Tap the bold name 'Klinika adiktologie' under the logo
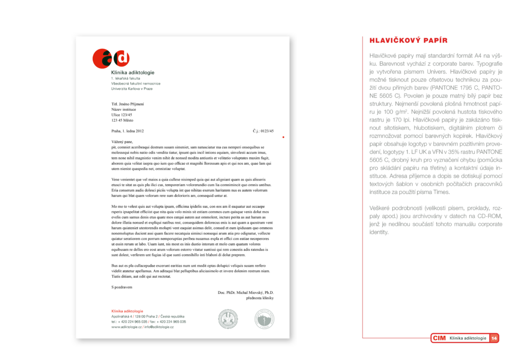[133, 72]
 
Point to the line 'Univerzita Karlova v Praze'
[132, 89]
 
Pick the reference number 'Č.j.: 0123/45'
[263, 131]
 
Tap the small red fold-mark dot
[283, 137]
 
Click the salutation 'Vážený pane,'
[122, 142]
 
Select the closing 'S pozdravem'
[122, 287]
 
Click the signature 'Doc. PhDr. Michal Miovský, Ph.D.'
[246, 292]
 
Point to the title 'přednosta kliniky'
[260, 298]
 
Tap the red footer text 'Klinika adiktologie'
[127, 311]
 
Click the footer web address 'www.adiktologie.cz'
[126, 327]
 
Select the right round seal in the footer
[264, 318]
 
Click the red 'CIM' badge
[439, 338]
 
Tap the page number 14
[494, 338]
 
